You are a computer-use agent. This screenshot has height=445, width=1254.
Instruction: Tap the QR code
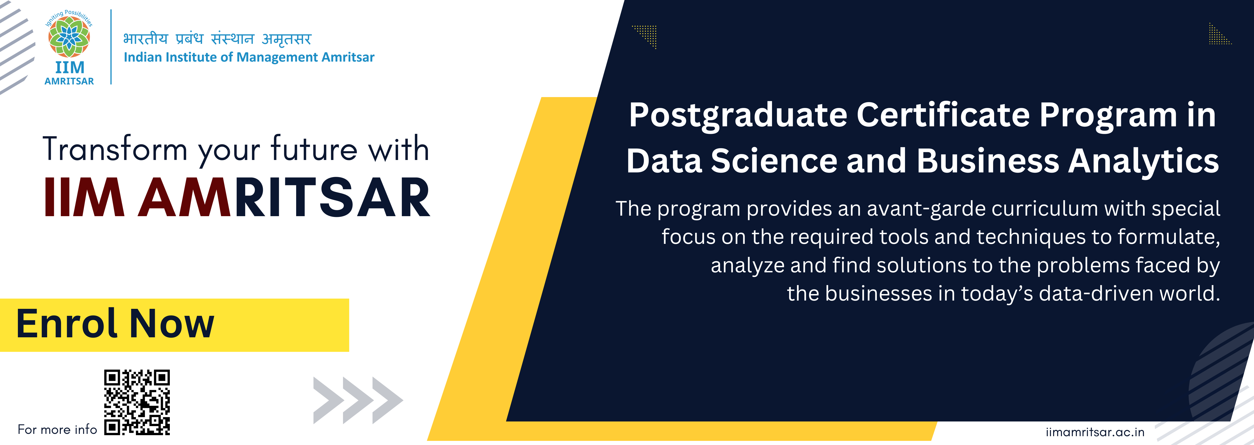(x=137, y=402)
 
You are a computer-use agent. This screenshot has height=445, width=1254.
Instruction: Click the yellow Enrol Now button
(x=174, y=325)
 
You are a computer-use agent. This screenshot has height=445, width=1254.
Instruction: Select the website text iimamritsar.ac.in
(x=1095, y=432)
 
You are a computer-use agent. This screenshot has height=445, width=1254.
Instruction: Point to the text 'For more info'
(x=57, y=429)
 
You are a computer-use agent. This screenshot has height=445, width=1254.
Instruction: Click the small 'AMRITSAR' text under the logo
(x=69, y=81)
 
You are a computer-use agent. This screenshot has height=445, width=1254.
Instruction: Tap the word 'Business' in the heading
(x=988, y=161)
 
